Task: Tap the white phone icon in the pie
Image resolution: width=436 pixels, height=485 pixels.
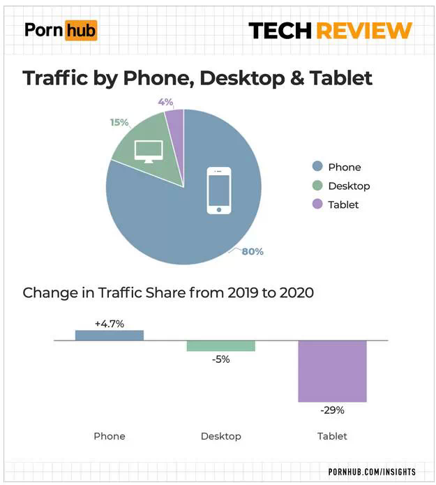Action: click(x=219, y=190)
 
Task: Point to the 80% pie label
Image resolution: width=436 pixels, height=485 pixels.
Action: click(x=252, y=251)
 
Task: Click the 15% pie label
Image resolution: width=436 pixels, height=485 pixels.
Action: click(x=119, y=122)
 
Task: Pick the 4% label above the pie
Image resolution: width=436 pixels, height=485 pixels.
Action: click(x=165, y=102)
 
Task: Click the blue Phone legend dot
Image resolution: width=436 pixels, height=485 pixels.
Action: click(x=317, y=167)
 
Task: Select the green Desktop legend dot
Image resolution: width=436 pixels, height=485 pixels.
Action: click(x=317, y=186)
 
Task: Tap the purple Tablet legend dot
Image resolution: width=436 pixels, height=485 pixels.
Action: click(x=317, y=204)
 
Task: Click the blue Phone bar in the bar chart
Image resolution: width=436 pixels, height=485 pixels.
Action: click(x=109, y=335)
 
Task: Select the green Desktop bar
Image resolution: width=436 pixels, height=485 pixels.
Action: click(x=220, y=346)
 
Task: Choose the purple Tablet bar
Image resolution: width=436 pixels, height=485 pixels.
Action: click(x=332, y=371)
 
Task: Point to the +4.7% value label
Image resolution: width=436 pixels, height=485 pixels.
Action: click(x=109, y=323)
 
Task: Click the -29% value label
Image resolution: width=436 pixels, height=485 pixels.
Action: click(x=332, y=410)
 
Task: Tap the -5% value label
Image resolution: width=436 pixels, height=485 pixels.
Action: click(x=220, y=359)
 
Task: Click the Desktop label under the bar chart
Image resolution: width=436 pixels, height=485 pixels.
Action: click(x=220, y=436)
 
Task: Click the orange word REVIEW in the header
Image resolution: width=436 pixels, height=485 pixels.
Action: click(x=363, y=31)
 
